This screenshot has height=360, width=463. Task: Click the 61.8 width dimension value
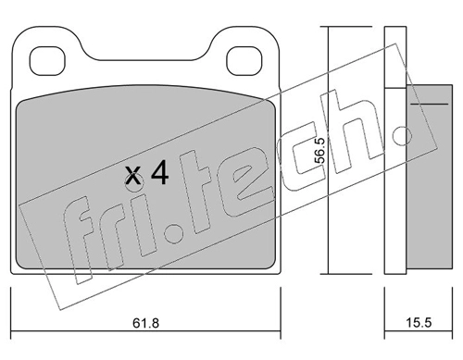[145, 323]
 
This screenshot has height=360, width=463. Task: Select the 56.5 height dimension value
[319, 151]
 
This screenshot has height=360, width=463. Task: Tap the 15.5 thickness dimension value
[419, 323]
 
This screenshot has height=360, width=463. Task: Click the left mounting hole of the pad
[47, 61]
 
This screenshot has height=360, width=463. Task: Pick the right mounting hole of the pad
[244, 61]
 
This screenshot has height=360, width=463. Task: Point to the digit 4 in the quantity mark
[159, 173]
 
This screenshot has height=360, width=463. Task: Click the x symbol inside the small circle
[133, 176]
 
